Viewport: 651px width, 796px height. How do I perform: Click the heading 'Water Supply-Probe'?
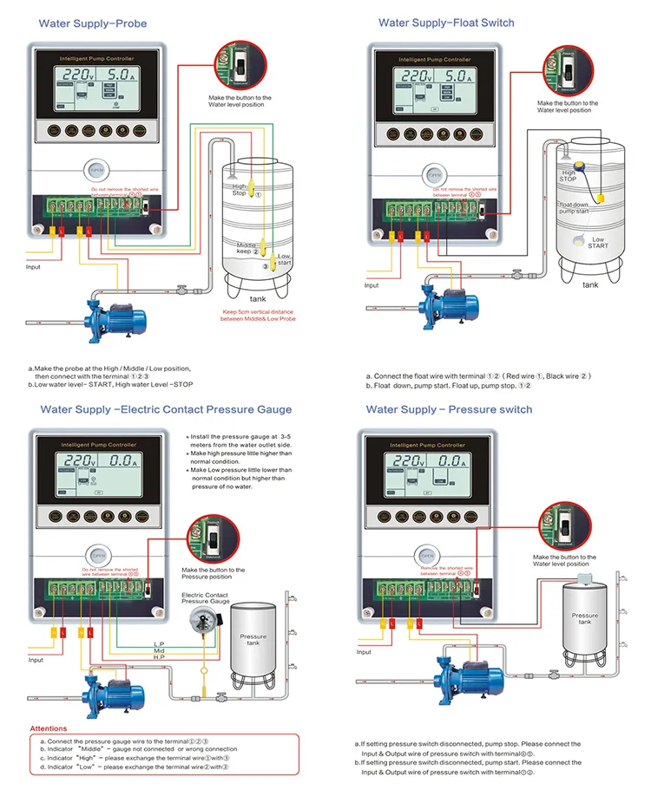(93, 23)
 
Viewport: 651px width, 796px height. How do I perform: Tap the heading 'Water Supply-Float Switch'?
(446, 23)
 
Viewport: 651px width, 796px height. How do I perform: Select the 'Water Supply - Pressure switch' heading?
(449, 408)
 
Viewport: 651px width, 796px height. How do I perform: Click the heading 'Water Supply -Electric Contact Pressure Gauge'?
(166, 409)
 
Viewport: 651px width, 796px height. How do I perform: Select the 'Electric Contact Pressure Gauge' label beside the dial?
(205, 597)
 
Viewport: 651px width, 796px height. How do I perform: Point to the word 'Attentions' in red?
(49, 728)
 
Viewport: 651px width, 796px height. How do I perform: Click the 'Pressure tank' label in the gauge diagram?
(253, 640)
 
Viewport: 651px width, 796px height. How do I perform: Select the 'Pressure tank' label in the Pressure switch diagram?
(585, 618)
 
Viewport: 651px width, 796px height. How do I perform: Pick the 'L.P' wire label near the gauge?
(159, 643)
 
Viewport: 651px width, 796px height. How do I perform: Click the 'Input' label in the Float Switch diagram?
(372, 285)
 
